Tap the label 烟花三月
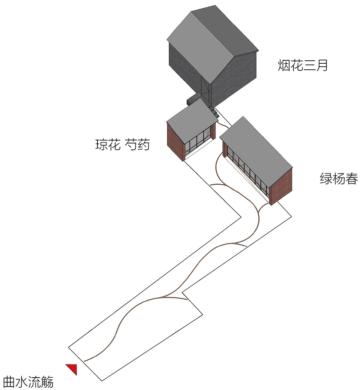click(303, 66)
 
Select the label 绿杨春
click(339, 178)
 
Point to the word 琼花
click(108, 145)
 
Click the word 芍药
click(137, 145)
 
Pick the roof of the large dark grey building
click(212, 43)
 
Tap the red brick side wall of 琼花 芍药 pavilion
click(176, 141)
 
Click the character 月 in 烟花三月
click(322, 66)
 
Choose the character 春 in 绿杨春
click(352, 178)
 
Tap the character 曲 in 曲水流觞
click(9, 382)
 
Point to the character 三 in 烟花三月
click(309, 66)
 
